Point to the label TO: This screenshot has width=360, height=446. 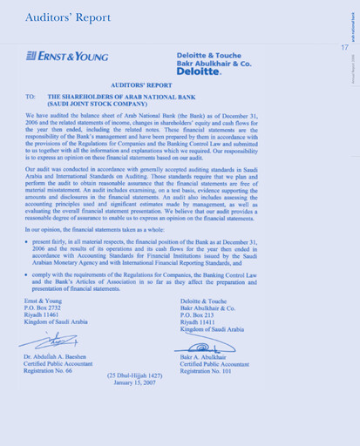click(31, 98)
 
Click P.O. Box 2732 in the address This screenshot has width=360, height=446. click(44, 308)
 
